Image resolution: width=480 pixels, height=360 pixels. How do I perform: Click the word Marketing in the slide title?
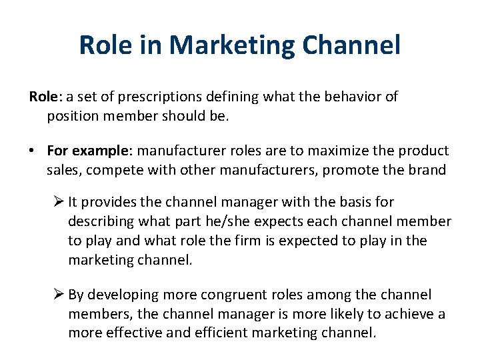click(x=231, y=45)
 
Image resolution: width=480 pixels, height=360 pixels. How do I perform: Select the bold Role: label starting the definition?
click(x=44, y=97)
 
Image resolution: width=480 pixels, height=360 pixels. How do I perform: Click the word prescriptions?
click(x=147, y=97)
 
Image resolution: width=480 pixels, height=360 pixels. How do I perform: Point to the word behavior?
click(x=349, y=97)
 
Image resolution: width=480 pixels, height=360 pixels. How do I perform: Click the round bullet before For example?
click(x=33, y=151)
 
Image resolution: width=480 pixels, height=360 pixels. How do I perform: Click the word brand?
click(x=427, y=170)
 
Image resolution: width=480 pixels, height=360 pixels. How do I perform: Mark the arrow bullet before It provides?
click(x=59, y=201)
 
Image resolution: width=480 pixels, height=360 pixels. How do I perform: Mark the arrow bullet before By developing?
click(x=59, y=295)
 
